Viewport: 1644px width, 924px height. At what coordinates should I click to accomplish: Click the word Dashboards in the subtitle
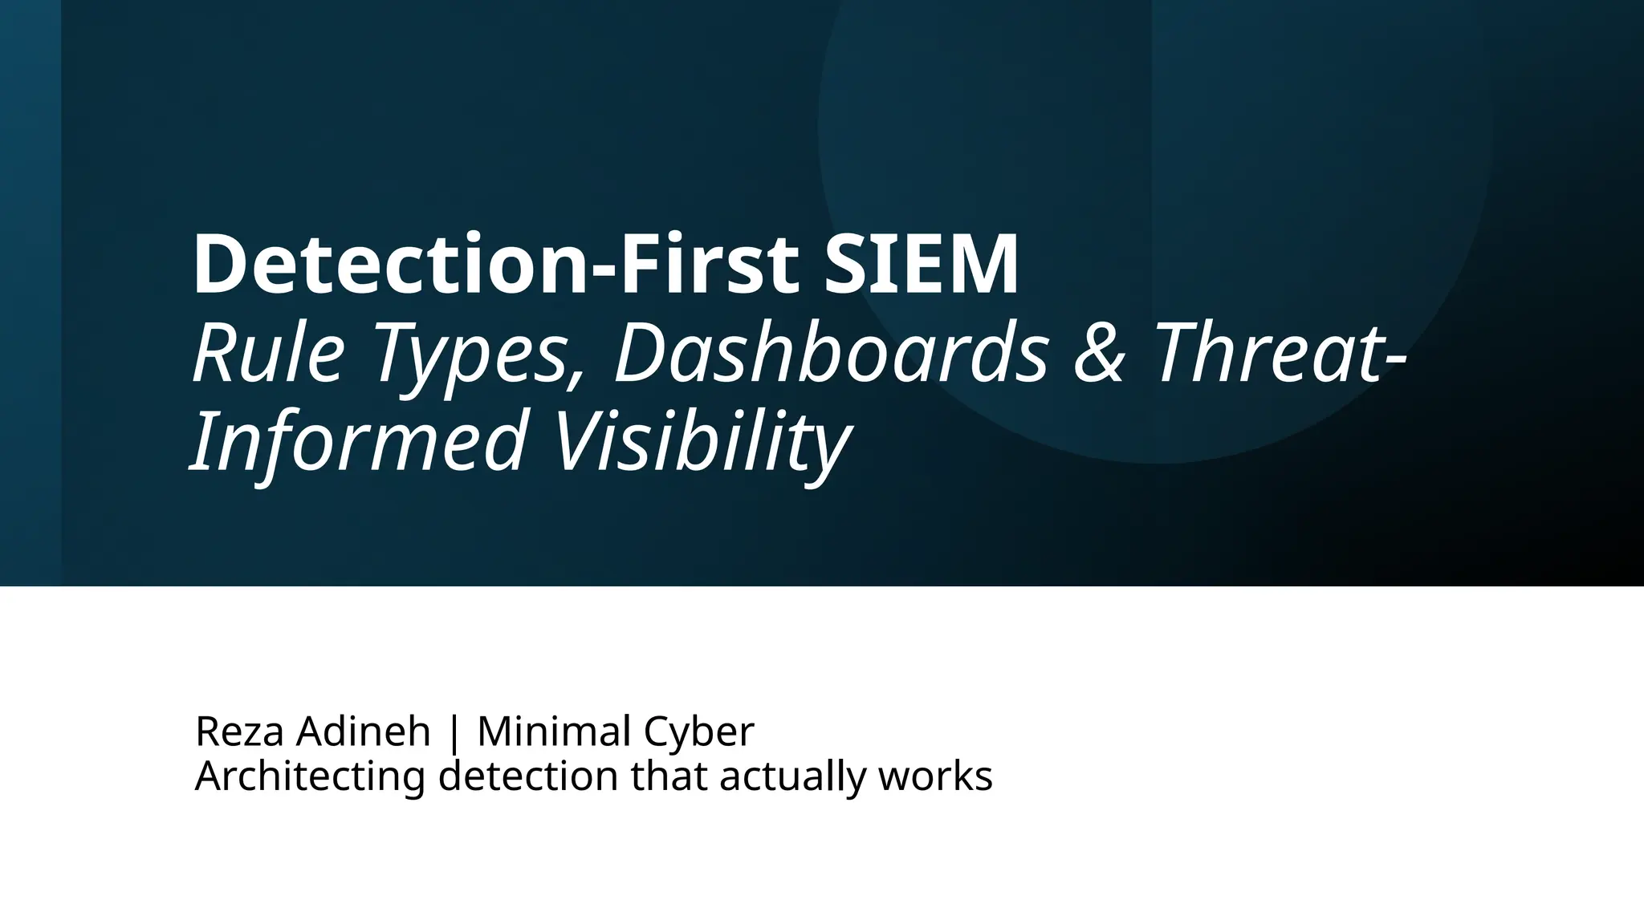pos(831,353)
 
